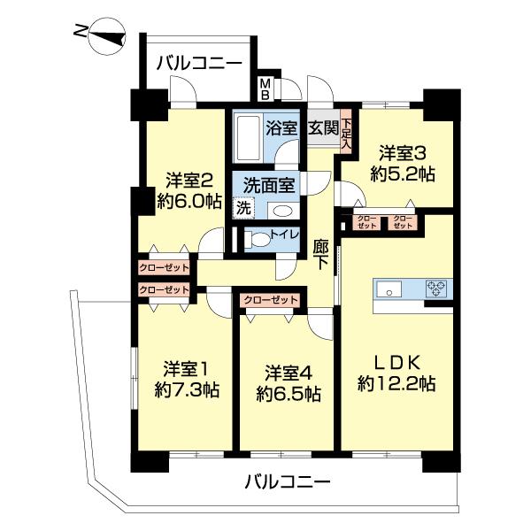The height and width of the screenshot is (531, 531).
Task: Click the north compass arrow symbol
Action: coord(98,33)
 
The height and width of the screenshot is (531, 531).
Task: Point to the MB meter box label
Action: coord(264,88)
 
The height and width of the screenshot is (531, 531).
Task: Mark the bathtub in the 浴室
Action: coord(249,134)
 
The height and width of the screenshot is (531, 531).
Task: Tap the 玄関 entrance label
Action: coord(322,127)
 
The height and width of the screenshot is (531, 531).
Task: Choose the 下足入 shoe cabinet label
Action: coord(347,133)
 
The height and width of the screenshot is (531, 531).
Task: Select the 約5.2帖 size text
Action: coord(404,174)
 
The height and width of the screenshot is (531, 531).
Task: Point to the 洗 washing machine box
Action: coord(241,209)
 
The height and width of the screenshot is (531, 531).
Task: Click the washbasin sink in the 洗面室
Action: coord(282,211)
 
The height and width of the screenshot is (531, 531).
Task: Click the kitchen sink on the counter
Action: coord(391,289)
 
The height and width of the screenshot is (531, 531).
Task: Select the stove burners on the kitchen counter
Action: coord(436,288)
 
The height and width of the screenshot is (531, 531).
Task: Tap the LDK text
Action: coord(393,361)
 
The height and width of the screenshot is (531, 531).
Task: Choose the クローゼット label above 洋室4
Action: coord(270,300)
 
